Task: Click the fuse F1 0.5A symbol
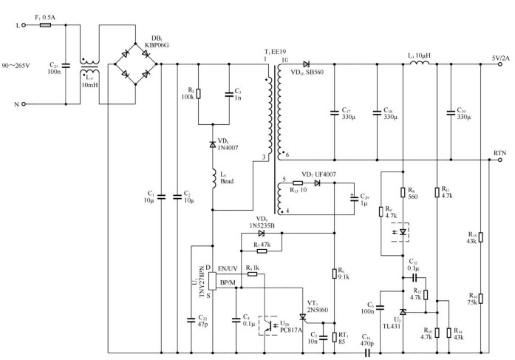pyautogui.click(x=44, y=25)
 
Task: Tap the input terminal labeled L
pyautogui.click(x=24, y=25)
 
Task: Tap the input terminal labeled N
pyautogui.click(x=24, y=103)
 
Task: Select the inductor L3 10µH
pyautogui.click(x=420, y=64)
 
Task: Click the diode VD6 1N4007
pyautogui.click(x=212, y=143)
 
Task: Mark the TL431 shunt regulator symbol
pyautogui.click(x=403, y=313)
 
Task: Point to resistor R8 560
pyautogui.click(x=403, y=194)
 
